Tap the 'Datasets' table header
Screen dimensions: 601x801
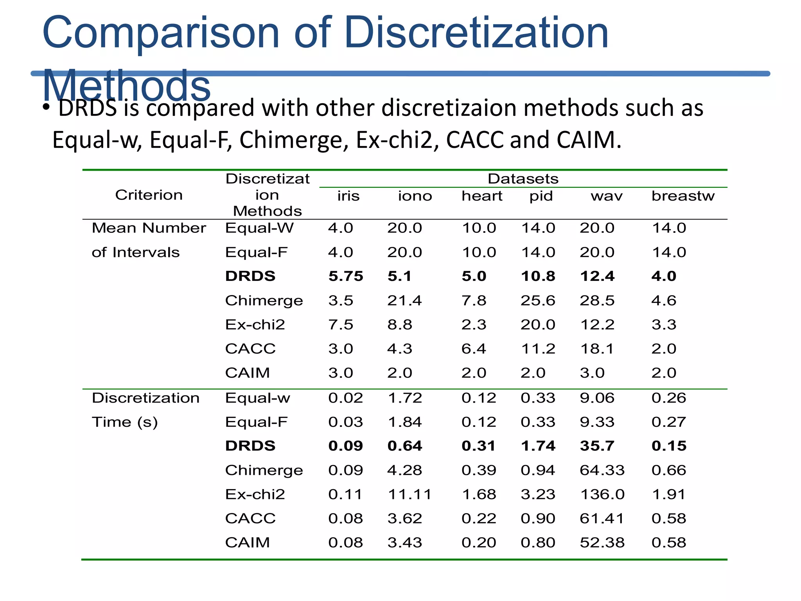[523, 179]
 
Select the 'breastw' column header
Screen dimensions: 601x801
[682, 196]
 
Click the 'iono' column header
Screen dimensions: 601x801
[415, 196]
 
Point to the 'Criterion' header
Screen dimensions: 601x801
[149, 195]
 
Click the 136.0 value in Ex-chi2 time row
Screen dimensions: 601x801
[602, 494]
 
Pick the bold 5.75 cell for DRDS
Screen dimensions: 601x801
[346, 276]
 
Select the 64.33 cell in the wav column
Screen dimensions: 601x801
[602, 470]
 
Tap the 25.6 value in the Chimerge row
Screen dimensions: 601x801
[538, 300]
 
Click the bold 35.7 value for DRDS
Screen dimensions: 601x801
[597, 446]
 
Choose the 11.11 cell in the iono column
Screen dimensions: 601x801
[409, 494]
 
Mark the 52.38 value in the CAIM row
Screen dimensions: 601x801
[602, 542]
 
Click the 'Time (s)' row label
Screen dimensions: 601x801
[124, 422]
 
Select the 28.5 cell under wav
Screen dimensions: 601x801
[597, 300]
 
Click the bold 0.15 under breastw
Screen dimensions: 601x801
[669, 446]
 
